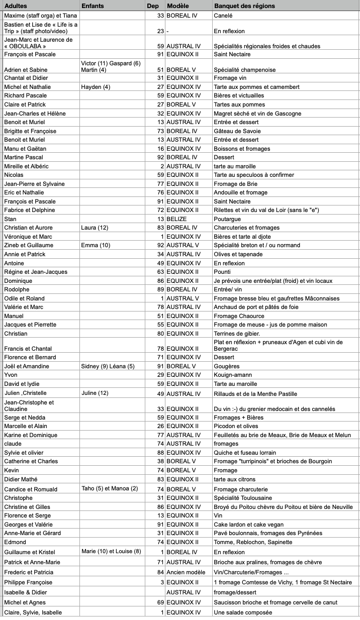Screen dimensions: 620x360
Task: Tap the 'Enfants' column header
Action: pos(93,6)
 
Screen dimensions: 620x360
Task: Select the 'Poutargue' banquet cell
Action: pos(227,219)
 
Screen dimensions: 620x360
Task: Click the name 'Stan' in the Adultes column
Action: pos(10,219)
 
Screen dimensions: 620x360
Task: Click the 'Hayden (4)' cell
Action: pos(96,87)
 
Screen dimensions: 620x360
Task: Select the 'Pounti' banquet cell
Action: pos(222,272)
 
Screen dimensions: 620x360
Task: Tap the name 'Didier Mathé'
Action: pos(21,479)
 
